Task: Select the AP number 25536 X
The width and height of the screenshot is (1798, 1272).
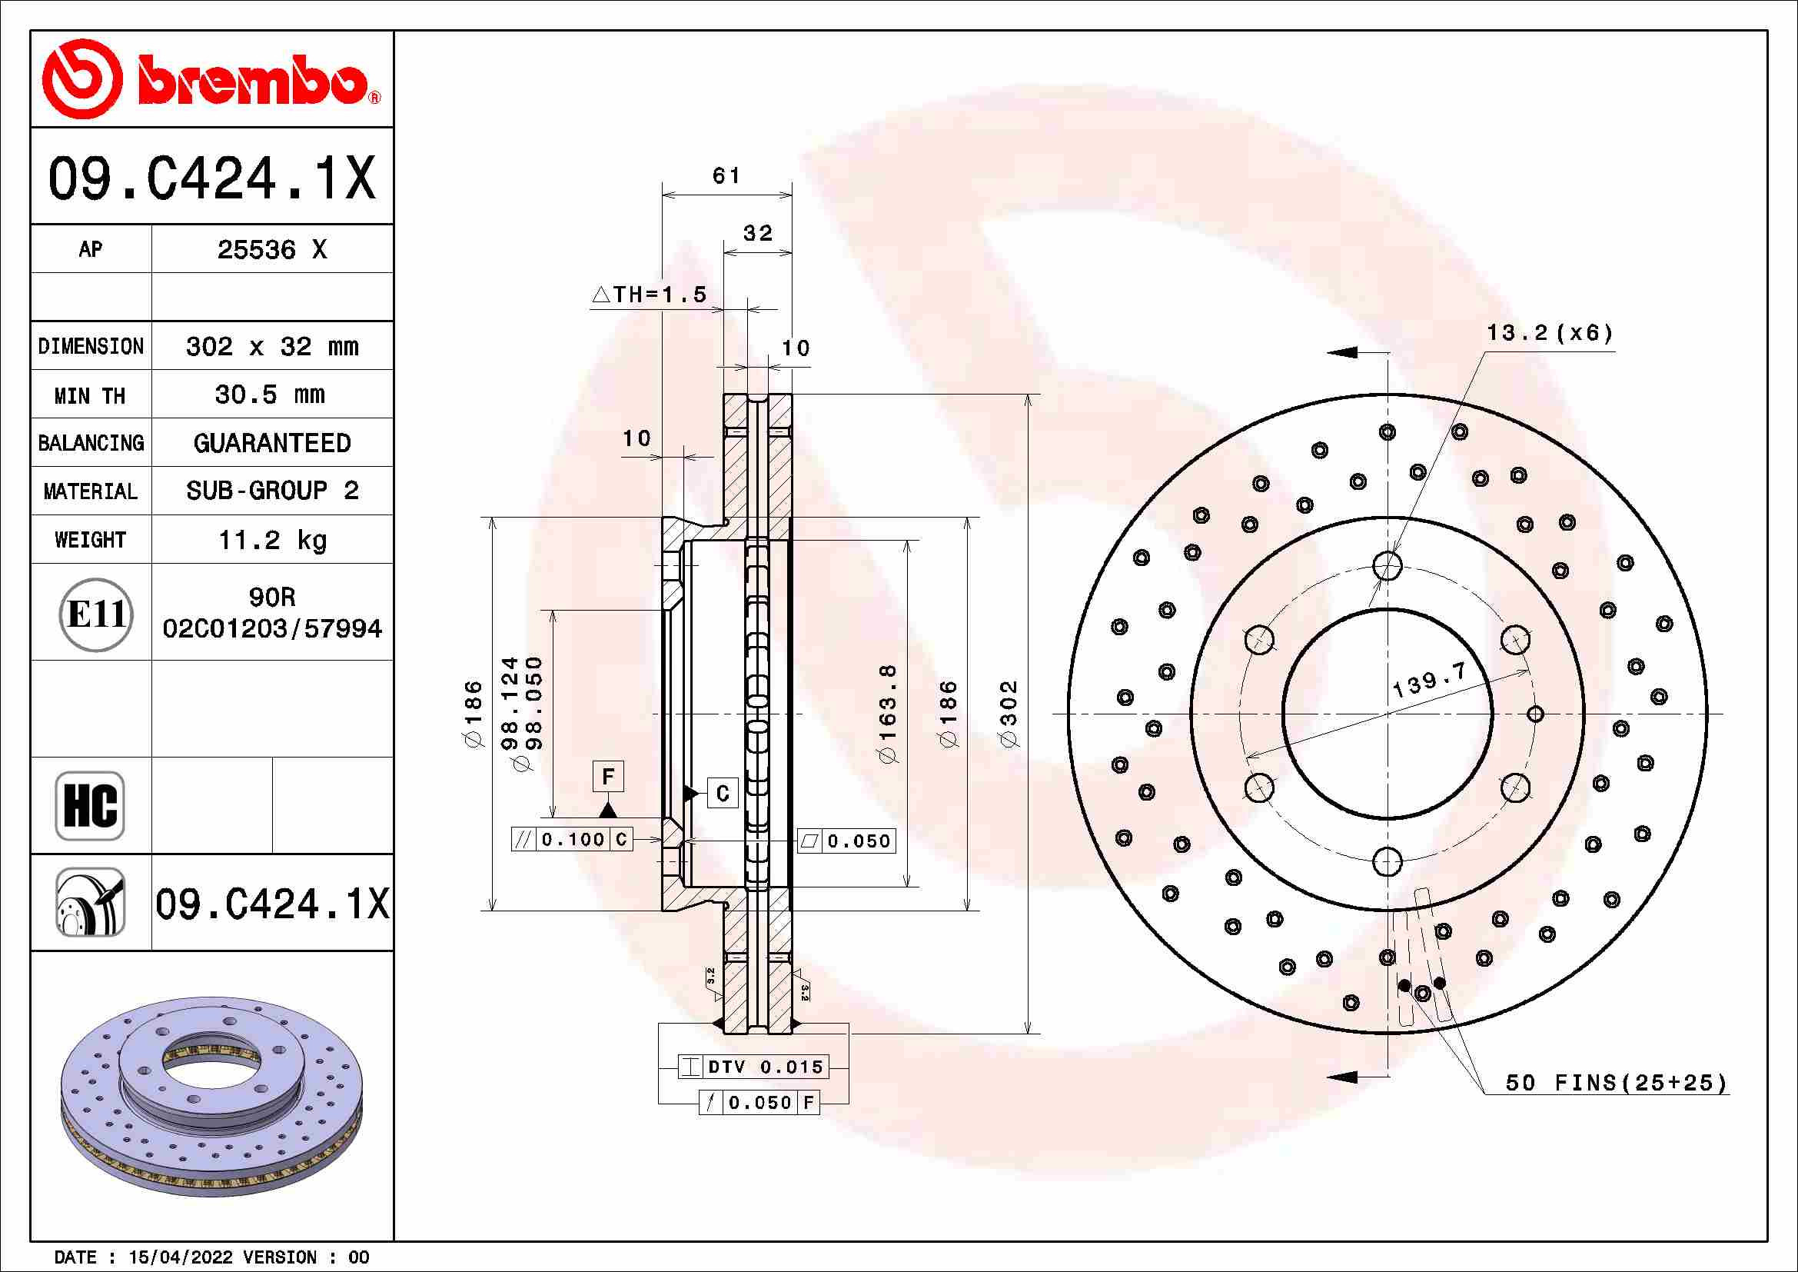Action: click(x=271, y=250)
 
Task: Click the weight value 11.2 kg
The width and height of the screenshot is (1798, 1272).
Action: click(x=271, y=540)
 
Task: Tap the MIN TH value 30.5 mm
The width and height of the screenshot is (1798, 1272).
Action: click(x=270, y=395)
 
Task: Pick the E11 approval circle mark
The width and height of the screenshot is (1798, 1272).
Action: click(x=95, y=614)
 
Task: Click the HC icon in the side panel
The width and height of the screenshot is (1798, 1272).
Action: click(x=90, y=805)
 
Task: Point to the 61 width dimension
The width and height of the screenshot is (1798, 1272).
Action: click(x=726, y=175)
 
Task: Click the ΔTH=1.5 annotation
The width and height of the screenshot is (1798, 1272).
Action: click(x=650, y=295)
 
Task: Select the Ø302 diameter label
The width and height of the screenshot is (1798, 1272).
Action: click(x=1009, y=714)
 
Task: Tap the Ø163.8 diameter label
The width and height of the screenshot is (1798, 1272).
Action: click(x=887, y=714)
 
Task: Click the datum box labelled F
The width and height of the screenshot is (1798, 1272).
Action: click(x=608, y=777)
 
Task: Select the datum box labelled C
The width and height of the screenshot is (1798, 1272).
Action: click(x=722, y=794)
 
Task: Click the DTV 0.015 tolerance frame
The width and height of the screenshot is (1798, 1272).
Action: click(x=752, y=1067)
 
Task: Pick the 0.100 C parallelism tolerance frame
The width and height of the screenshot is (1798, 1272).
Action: click(x=572, y=840)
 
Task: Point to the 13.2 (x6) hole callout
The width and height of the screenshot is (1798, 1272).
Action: click(x=1549, y=334)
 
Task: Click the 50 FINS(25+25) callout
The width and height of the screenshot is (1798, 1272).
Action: click(x=1617, y=1084)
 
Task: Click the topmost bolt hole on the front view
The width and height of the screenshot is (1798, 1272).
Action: click(x=1387, y=564)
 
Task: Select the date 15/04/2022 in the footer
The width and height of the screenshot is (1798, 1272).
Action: click(x=180, y=1257)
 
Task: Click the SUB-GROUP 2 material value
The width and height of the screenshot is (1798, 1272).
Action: click(x=271, y=491)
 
